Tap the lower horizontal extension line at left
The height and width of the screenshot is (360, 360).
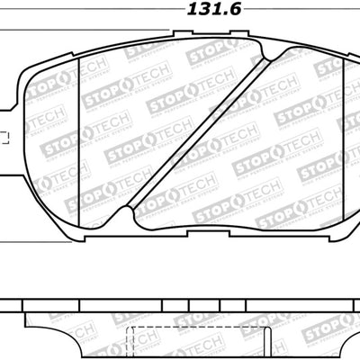pyautogui.click(x=9, y=240)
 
